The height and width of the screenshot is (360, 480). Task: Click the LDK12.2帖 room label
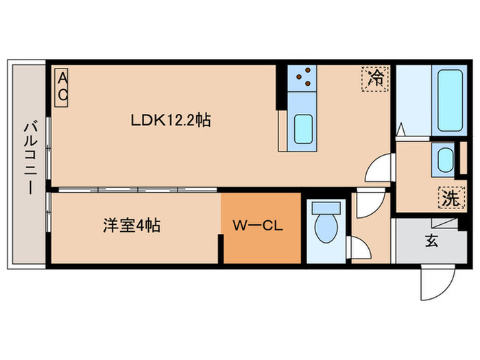(171, 121)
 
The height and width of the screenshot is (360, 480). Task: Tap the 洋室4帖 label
(132, 225)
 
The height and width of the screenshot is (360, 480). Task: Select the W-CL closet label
(258, 225)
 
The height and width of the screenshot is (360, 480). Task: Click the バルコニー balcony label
(29, 158)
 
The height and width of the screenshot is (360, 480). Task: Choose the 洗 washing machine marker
(449, 199)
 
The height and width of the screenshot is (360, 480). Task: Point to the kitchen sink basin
(303, 128)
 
